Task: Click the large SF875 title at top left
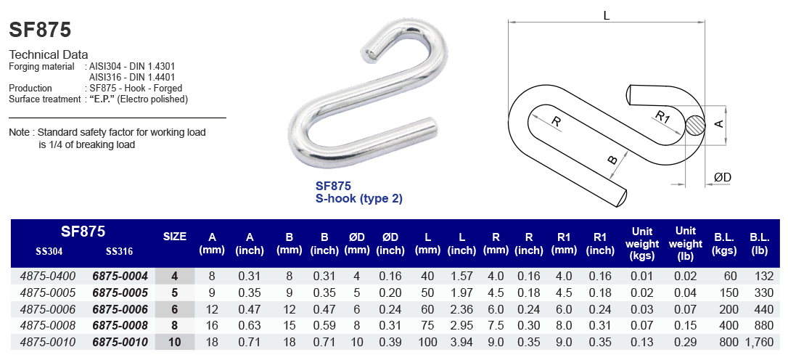click(x=40, y=30)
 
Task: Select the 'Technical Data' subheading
click(x=48, y=54)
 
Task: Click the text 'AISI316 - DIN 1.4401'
click(x=131, y=77)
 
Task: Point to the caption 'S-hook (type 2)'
click(x=358, y=198)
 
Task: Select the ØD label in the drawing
click(x=722, y=178)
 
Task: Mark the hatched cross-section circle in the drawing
click(x=695, y=125)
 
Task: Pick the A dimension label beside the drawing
click(x=719, y=124)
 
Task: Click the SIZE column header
click(x=175, y=237)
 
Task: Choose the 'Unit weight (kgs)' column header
click(x=642, y=243)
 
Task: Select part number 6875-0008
click(x=120, y=326)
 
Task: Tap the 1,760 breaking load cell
click(x=760, y=343)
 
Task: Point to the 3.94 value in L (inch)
click(x=461, y=343)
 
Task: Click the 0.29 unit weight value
click(x=686, y=343)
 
